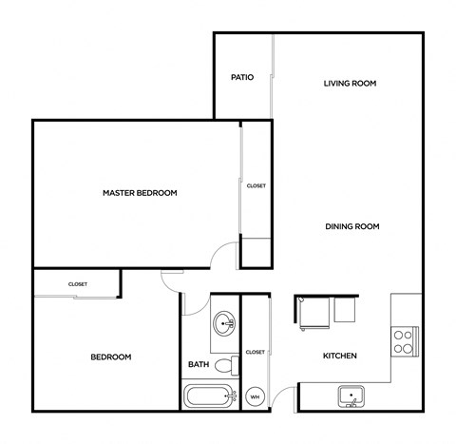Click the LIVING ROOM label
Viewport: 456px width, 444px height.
(351, 84)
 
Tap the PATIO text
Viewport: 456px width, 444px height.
(242, 77)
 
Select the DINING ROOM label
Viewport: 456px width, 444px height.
(352, 226)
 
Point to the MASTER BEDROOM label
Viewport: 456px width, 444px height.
(140, 193)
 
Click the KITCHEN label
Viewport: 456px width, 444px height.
(339, 356)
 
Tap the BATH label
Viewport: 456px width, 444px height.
(199, 364)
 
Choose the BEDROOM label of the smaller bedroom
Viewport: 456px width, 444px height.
(110, 357)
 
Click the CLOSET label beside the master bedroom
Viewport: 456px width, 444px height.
(256, 186)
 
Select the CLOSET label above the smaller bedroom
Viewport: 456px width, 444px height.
(78, 283)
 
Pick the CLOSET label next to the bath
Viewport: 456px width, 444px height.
(255, 352)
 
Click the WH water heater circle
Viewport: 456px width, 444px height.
(255, 396)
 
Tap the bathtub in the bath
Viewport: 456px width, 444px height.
(208, 396)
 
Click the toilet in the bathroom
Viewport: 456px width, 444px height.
(226, 364)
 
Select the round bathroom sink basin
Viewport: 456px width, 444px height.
(226, 324)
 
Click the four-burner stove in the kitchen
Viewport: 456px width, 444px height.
(404, 340)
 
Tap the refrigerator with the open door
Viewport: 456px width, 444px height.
(313, 312)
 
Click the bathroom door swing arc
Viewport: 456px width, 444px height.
(193, 303)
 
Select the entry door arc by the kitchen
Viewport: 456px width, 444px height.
(284, 396)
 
